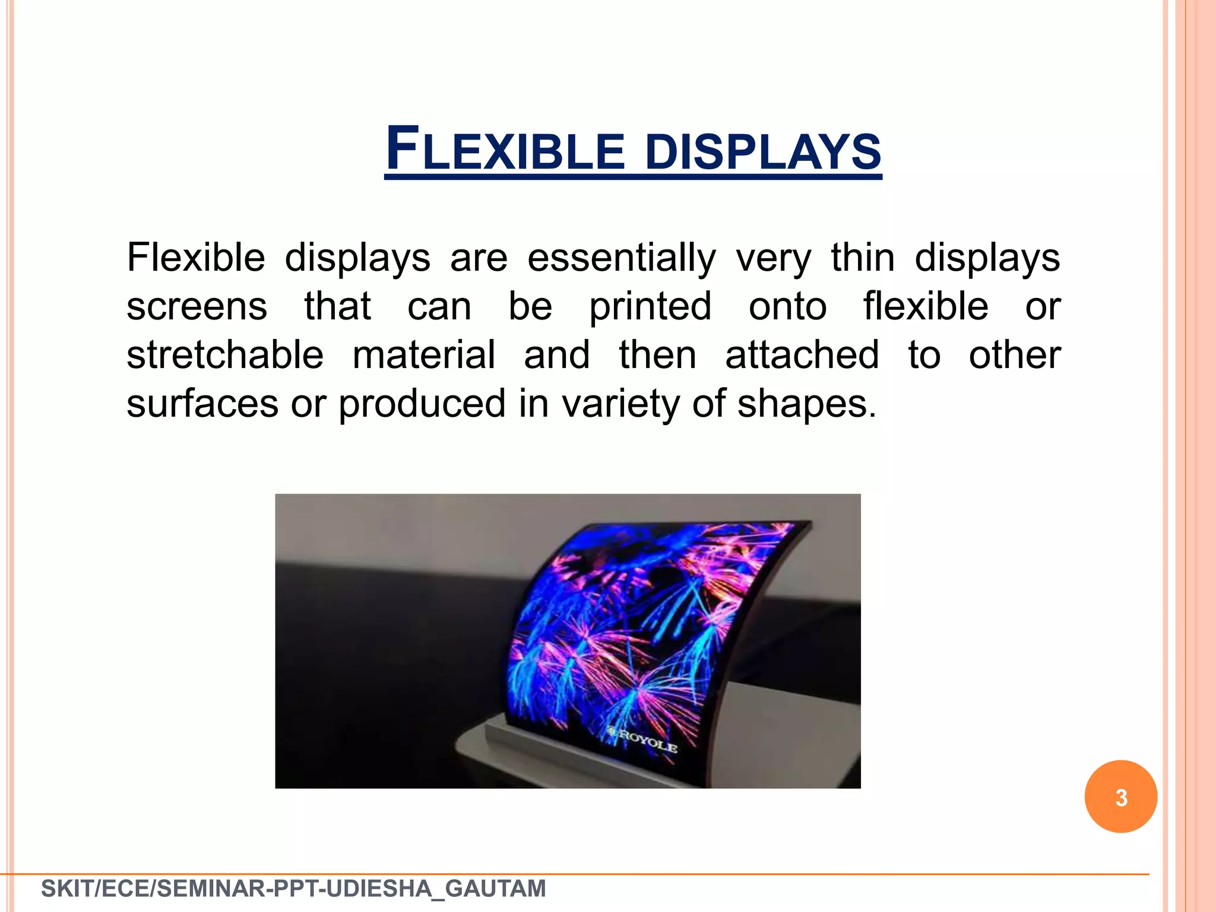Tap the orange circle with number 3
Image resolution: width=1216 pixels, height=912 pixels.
point(1120,796)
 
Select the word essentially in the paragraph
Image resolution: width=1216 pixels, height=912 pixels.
point(622,258)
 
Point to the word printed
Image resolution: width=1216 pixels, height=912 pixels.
point(650,308)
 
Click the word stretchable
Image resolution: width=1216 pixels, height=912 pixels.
point(225,355)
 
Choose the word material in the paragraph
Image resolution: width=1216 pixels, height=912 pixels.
point(424,355)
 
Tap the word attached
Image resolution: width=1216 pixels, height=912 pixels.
point(802,355)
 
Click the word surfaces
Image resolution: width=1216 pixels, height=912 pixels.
point(202,404)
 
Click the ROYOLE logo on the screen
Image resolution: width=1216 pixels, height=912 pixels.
point(644,740)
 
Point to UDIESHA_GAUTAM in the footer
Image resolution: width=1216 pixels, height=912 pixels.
point(436,889)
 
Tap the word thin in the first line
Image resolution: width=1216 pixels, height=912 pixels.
point(862,258)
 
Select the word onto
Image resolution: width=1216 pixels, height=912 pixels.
point(787,308)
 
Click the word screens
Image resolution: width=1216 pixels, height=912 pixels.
point(197,308)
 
